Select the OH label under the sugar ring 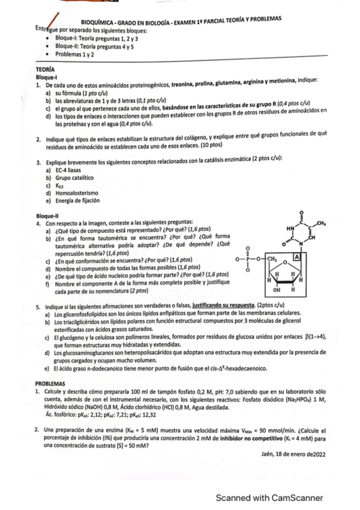(276, 289)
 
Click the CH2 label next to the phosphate (271, 259)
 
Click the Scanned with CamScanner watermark (270, 497)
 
